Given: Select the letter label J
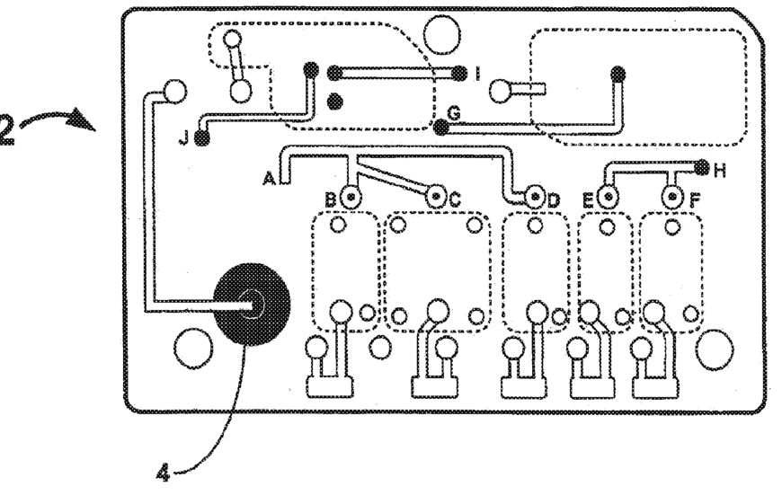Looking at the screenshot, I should tap(184, 138).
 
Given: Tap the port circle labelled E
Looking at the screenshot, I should tap(608, 195).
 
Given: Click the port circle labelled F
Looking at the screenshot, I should tap(671, 195).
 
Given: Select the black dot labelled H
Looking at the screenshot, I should tap(701, 166).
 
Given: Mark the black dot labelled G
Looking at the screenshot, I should tap(440, 128).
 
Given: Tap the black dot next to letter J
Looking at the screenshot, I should tap(201, 137).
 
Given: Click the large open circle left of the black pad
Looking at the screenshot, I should tap(191, 347).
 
